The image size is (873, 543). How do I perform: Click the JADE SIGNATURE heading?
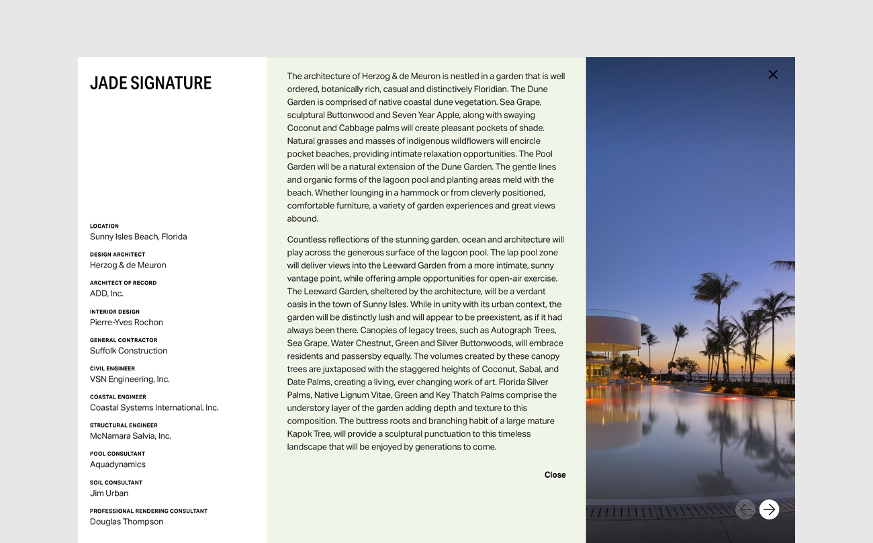click(x=150, y=83)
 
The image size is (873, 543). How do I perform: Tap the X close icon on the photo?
click(x=773, y=75)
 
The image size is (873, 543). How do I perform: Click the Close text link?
click(x=555, y=475)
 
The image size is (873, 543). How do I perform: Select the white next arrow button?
click(x=769, y=509)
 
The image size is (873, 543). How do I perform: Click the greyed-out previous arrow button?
click(x=745, y=509)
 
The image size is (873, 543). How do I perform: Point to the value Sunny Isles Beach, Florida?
click(x=138, y=237)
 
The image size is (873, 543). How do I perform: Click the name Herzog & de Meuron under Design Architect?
click(x=128, y=265)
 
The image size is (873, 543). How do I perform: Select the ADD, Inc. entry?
click(x=107, y=294)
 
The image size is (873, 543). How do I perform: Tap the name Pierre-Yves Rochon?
click(x=126, y=323)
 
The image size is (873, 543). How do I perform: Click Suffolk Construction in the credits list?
click(x=128, y=351)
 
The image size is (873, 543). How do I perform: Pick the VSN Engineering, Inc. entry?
click(x=130, y=379)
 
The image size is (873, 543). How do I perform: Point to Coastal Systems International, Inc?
click(x=154, y=408)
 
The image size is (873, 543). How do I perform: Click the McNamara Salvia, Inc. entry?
click(x=130, y=436)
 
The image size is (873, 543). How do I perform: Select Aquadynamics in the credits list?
click(x=118, y=464)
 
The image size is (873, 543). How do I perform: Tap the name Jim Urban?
click(x=109, y=493)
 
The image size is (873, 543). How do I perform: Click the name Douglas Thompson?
click(x=126, y=521)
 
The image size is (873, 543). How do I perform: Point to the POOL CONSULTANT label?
click(x=117, y=454)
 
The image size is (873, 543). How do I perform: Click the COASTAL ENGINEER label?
click(x=118, y=397)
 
